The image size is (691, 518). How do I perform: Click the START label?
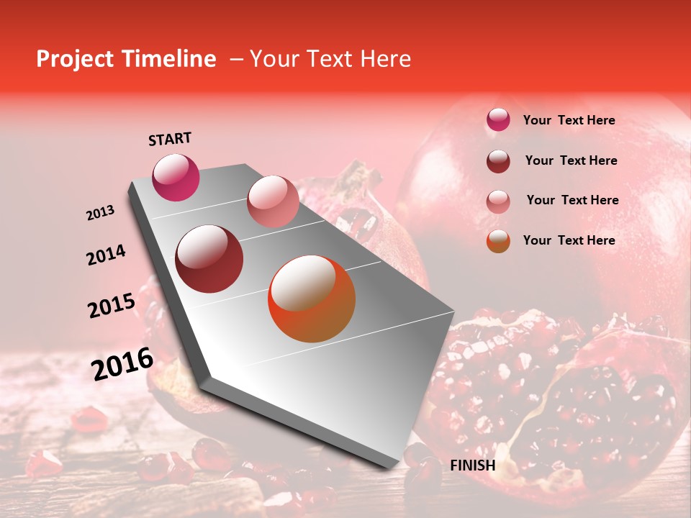pyautogui.click(x=170, y=139)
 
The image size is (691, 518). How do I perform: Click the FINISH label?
pyautogui.click(x=472, y=465)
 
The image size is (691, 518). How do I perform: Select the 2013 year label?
pyautogui.click(x=100, y=213)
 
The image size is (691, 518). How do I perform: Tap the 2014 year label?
pyautogui.click(x=106, y=255)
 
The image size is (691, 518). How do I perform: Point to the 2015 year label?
pyautogui.click(x=112, y=306)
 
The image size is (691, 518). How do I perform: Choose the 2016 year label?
pyautogui.click(x=122, y=364)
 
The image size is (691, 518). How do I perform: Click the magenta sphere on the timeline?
pyautogui.click(x=176, y=177)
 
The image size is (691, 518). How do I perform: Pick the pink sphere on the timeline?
pyautogui.click(x=273, y=201)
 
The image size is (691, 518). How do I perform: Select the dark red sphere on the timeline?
pyautogui.click(x=209, y=259)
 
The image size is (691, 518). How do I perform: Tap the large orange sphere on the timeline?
pyautogui.click(x=312, y=299)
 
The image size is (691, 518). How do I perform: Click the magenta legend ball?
pyautogui.click(x=498, y=120)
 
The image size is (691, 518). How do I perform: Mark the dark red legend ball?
pyautogui.click(x=498, y=161)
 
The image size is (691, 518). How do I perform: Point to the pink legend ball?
pyautogui.click(x=498, y=201)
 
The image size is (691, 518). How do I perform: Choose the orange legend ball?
pyautogui.click(x=498, y=241)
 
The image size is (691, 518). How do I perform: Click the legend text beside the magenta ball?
pyautogui.click(x=569, y=121)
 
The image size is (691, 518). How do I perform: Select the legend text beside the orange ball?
pyautogui.click(x=569, y=240)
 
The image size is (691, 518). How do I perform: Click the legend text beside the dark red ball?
pyautogui.click(x=571, y=160)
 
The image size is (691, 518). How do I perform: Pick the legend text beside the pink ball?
pyautogui.click(x=572, y=200)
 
